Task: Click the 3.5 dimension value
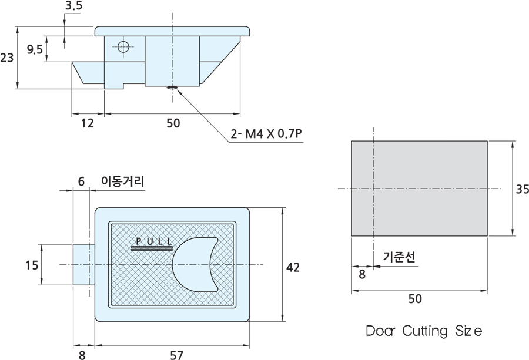74,6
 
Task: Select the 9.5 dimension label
35,50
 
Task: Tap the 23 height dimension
7,58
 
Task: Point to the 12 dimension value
88,123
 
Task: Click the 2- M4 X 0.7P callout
267,134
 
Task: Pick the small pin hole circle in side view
122,47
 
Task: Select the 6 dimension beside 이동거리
82,181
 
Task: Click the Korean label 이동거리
122,181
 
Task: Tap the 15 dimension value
32,265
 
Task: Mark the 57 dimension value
176,355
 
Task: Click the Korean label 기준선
399,257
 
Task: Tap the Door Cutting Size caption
424,331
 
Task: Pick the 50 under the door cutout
415,299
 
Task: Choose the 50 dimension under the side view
173,123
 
